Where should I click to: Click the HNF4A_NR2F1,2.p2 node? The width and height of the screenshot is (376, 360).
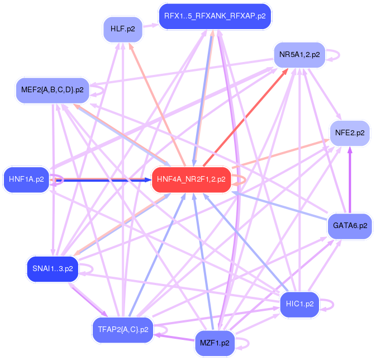tap(191, 179)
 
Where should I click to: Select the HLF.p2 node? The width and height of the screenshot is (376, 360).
tap(122, 29)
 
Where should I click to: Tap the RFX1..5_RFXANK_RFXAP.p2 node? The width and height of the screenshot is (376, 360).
tap(215, 16)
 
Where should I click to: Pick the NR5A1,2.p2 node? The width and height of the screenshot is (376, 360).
tap(299, 55)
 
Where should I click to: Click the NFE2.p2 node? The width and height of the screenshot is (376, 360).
tap(350, 133)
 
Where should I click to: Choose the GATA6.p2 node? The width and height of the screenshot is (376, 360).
tap(350, 226)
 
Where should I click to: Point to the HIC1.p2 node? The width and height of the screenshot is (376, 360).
tap(299, 304)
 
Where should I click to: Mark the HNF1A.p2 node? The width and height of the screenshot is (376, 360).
tap(26, 179)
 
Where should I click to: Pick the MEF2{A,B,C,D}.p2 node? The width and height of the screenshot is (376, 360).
tap(52, 89)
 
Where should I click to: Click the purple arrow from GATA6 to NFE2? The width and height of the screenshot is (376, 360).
tap(350, 179)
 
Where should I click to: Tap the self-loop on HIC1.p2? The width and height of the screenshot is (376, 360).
tap(329, 305)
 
